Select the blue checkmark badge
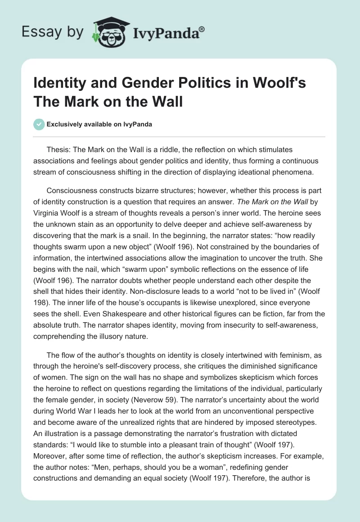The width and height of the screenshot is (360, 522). pos(39,125)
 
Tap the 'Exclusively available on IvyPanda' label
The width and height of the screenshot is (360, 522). pos(99,125)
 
